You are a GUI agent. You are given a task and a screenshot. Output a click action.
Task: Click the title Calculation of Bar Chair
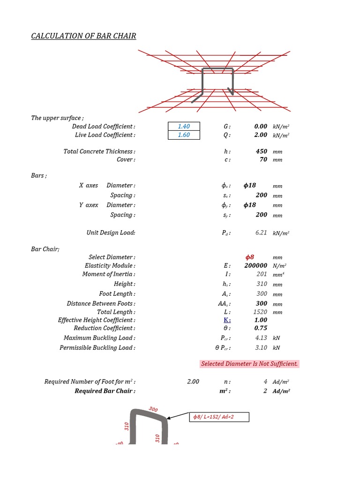click(83, 36)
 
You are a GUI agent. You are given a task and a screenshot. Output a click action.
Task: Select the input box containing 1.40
click(184, 126)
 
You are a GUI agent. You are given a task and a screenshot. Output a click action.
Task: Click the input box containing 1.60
click(184, 135)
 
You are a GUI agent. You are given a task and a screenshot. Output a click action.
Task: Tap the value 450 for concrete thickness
click(262, 151)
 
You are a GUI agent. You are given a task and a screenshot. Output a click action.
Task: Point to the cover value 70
click(263, 159)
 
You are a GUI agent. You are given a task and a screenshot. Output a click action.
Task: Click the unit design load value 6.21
click(261, 232)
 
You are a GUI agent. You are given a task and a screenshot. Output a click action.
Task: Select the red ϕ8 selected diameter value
click(250, 257)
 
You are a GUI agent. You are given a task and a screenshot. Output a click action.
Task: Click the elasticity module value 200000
click(255, 266)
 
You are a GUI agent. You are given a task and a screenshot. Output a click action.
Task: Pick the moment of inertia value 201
click(262, 274)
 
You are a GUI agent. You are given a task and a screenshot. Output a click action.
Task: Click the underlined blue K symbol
click(227, 320)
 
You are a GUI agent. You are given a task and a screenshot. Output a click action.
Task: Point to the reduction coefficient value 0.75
click(261, 328)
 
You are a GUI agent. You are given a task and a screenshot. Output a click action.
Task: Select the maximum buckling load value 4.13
click(261, 338)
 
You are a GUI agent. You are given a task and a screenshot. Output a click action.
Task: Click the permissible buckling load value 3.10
click(261, 348)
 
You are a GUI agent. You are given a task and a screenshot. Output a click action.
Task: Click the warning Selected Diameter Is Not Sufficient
click(249, 364)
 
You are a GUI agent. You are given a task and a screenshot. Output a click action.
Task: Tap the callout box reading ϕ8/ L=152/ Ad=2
click(219, 417)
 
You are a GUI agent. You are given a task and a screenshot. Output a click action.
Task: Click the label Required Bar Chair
click(105, 391)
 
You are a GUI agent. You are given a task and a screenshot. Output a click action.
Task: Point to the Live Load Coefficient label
click(105, 135)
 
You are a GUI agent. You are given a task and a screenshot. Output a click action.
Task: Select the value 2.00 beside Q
click(261, 135)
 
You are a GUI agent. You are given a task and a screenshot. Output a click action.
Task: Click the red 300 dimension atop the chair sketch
click(153, 409)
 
